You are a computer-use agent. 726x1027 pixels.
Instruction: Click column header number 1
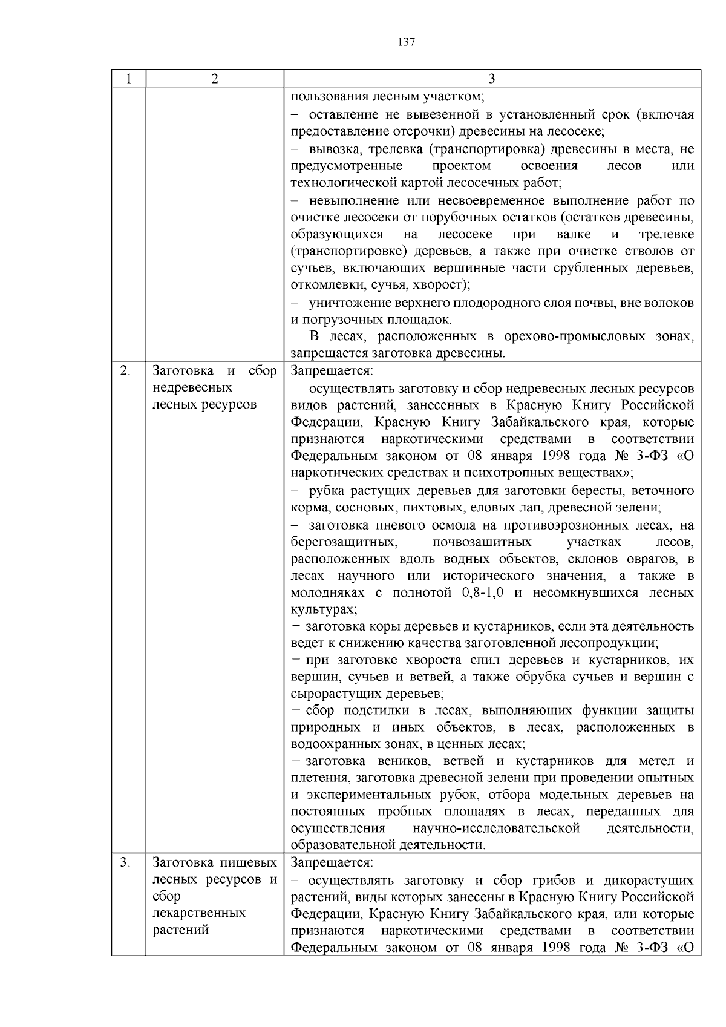click(128, 79)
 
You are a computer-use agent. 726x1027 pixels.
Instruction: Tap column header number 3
click(492, 79)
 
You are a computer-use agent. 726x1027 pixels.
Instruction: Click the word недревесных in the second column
click(192, 387)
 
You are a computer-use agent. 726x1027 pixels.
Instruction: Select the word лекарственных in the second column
click(199, 913)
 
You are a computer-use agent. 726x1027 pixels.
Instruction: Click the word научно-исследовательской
click(496, 828)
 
